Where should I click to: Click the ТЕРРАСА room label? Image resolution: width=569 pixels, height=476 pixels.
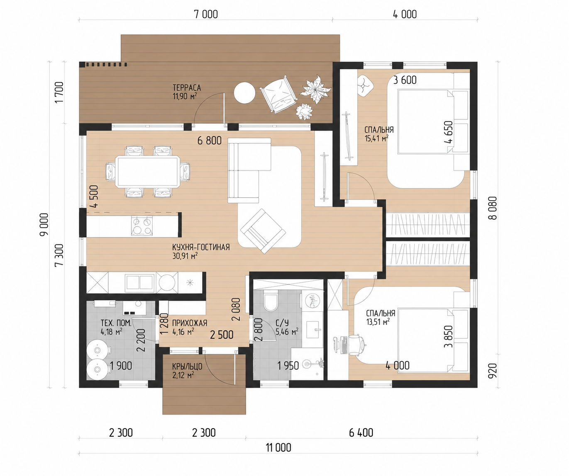pos(187,87)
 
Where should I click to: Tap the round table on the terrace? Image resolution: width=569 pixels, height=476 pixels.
pos(245,93)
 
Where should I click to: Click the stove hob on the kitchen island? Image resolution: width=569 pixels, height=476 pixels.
pos(142,226)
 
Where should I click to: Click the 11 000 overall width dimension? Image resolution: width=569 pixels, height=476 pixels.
pos(278,447)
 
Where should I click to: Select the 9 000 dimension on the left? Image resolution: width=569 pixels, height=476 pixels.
pos(44,224)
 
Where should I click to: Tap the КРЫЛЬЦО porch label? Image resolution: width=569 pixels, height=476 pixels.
pos(187,367)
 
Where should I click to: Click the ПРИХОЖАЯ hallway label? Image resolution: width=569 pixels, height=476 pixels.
pos(190,323)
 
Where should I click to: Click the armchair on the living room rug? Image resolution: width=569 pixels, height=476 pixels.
pos(263,231)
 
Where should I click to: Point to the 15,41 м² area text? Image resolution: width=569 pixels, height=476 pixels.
pos(376,138)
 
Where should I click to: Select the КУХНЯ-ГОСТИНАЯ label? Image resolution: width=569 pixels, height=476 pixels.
pos(201,247)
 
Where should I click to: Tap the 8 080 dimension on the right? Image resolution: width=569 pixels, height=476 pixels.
pos(493,208)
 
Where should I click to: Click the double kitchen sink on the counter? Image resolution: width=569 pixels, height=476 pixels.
pos(139,282)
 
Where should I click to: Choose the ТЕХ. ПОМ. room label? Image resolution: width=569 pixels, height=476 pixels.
pos(116,323)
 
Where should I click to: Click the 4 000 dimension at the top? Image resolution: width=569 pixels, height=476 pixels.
pos(405,15)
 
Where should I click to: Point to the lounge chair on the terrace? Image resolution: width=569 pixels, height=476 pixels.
pos(278,94)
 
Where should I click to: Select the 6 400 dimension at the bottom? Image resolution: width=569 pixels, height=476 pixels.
pos(361,432)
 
